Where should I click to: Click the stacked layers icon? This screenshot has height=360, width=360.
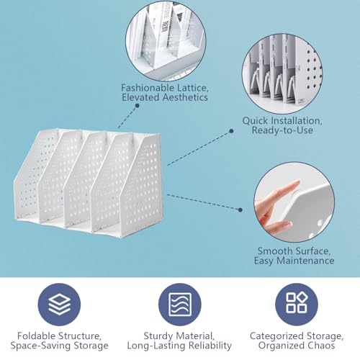tap(59, 305)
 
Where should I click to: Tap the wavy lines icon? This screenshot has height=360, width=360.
tap(180, 305)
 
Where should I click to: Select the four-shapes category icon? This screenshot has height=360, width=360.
tap(297, 305)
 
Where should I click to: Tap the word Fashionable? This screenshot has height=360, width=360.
tap(148, 88)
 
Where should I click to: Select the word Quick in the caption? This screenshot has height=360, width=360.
tap(255, 121)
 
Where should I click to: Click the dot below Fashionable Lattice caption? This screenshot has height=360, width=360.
tap(137, 105)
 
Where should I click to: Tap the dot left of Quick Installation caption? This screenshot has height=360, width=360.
tap(231, 131)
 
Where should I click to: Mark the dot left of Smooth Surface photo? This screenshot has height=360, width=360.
tap(240, 210)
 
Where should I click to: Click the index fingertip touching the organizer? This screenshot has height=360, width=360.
tap(297, 184)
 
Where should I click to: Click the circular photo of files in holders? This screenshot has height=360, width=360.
tap(166, 41)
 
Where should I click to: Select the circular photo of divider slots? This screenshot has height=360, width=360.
tap(282, 73)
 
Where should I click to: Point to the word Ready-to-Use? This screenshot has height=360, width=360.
tap(282, 130)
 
